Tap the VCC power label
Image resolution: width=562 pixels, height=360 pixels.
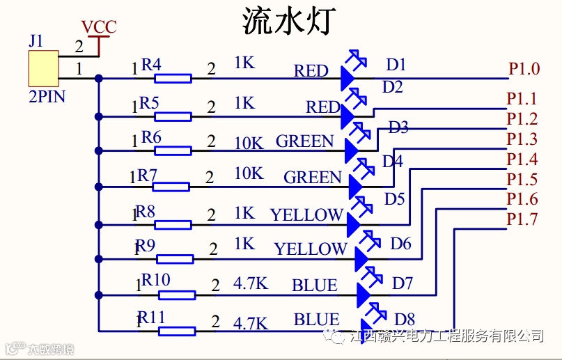click(99, 27)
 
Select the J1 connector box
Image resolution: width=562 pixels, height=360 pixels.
click(42, 68)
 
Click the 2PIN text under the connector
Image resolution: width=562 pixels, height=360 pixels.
click(47, 96)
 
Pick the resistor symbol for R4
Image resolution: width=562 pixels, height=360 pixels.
click(173, 78)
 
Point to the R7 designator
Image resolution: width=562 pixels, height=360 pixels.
click(147, 175)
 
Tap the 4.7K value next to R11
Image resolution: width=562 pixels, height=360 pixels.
click(250, 323)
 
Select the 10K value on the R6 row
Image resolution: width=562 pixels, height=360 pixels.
click(249, 143)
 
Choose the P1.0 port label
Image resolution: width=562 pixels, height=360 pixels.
click(524, 69)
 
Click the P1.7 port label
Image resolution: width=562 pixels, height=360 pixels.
click(522, 219)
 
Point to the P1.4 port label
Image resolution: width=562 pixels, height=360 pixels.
click(522, 159)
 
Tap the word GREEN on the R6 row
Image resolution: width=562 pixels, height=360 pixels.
click(305, 141)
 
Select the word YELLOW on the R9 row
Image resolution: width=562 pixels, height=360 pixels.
click(310, 249)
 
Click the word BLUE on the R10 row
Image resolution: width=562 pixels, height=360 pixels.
click(314, 285)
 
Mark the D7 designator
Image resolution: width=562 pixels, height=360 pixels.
click(403, 283)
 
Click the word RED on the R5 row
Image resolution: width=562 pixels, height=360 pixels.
click(322, 107)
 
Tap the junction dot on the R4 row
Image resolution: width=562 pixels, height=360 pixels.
click(99, 78)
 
